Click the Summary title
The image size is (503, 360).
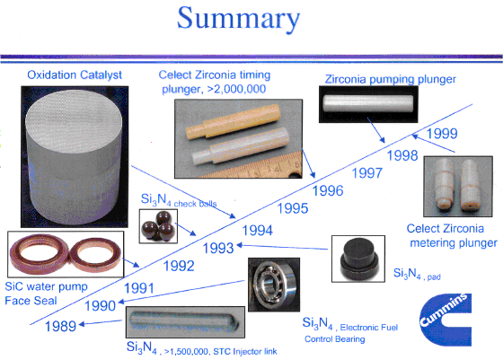click(238, 19)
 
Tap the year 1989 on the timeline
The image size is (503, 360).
click(60, 327)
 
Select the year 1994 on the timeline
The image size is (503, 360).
click(257, 231)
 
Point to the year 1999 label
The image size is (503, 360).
click(442, 134)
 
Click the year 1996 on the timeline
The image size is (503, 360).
click(328, 190)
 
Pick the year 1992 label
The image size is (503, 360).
click(179, 266)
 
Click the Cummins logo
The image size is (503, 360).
click(446, 320)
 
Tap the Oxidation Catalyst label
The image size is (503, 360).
click(75, 75)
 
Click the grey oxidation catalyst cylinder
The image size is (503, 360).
click(74, 157)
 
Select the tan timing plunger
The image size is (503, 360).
click(234, 121)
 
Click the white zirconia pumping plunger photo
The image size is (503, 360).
click(368, 103)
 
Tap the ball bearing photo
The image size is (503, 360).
click(274, 285)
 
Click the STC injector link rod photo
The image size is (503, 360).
click(184, 321)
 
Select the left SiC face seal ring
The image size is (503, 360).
click(38, 255)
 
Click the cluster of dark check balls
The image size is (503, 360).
click(158, 225)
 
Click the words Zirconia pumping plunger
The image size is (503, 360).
click(391, 79)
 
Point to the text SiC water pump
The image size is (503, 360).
click(46, 286)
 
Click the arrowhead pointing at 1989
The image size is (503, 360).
click(82, 324)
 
